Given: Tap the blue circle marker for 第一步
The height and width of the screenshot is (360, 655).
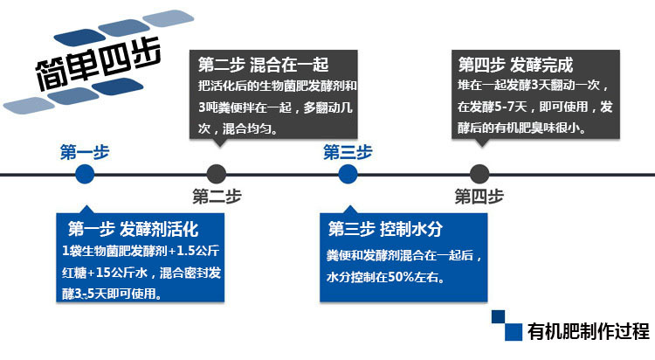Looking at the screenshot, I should (x=85, y=174).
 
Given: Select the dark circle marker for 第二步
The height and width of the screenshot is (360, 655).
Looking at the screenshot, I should (x=217, y=174).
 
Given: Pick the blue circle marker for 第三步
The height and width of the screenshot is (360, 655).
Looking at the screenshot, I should (x=348, y=174).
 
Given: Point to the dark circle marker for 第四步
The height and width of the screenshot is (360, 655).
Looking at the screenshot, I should (x=479, y=174).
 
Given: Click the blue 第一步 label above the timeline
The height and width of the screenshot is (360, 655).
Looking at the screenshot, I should (x=85, y=152).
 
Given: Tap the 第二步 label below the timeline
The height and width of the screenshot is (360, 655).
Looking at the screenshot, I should (x=217, y=196).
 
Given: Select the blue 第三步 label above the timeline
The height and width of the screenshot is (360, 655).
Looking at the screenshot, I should (x=348, y=152).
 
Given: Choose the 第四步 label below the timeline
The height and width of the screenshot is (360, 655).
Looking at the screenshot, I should (x=479, y=196).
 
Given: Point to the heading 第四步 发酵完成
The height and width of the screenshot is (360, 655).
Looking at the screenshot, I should (x=516, y=65).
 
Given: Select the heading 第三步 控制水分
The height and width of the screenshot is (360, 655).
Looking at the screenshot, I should (x=386, y=231).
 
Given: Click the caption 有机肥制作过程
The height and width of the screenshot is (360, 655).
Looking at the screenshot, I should (x=589, y=332).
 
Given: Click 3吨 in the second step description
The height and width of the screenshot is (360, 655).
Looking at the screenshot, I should (x=210, y=107).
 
